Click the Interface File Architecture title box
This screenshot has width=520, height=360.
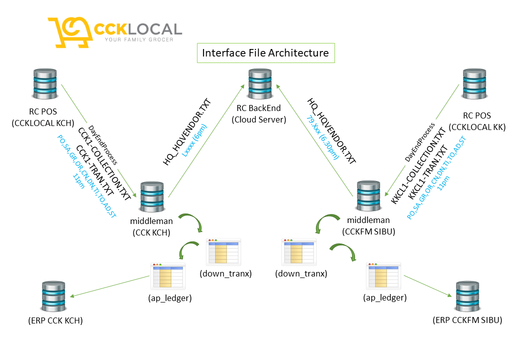click(x=265, y=53)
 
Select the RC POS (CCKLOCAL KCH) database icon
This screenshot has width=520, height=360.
click(x=43, y=85)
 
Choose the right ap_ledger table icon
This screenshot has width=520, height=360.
click(x=384, y=276)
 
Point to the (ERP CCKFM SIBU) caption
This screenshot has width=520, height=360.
click(x=467, y=320)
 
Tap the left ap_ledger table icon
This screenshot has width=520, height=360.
click(x=168, y=276)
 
